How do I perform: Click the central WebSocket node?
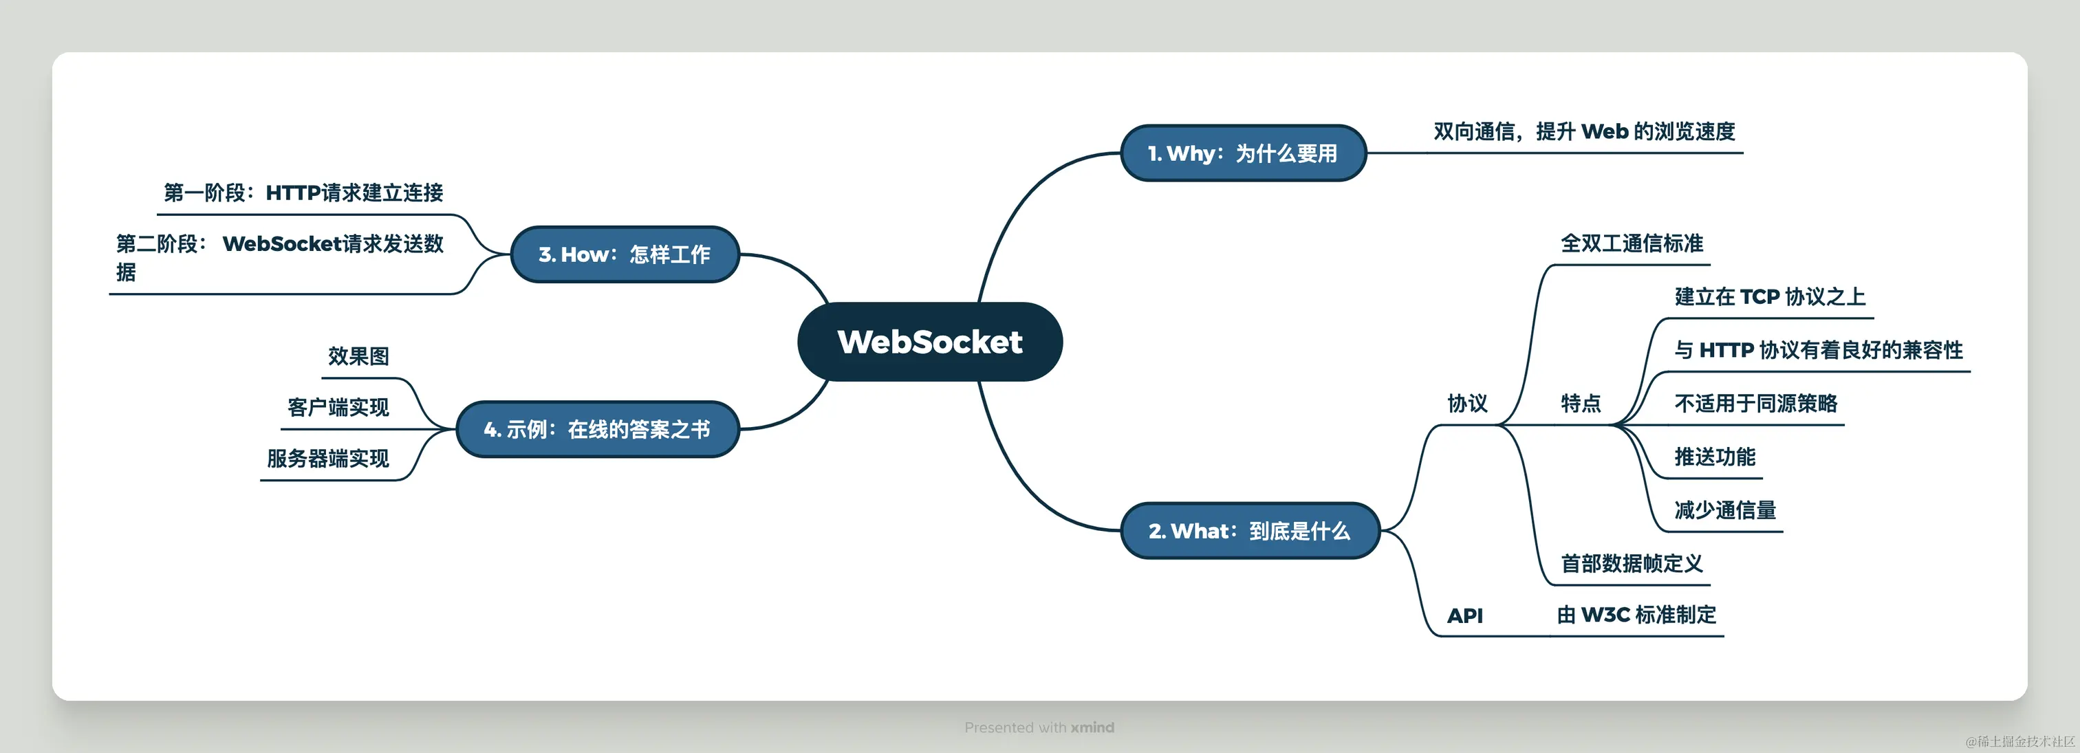(x=929, y=341)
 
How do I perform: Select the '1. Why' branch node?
(x=1243, y=153)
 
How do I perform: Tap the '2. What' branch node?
(x=1249, y=531)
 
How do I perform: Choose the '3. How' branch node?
(x=624, y=254)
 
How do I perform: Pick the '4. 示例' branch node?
(x=597, y=429)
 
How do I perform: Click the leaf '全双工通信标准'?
(x=1631, y=243)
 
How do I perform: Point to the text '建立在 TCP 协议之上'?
(x=1769, y=297)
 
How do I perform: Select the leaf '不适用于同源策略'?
(x=1755, y=404)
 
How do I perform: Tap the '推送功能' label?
(x=1714, y=457)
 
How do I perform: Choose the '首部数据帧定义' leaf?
(x=1631, y=563)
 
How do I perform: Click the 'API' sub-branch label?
(x=1464, y=615)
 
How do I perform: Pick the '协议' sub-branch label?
(x=1467, y=404)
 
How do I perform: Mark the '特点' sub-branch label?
(x=1580, y=404)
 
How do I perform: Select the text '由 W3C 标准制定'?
(x=1636, y=615)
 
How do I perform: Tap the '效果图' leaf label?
(x=358, y=357)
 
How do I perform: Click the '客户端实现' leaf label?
(x=338, y=408)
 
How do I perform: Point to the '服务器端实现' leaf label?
(x=328, y=459)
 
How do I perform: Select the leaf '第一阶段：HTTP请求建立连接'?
(x=303, y=193)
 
